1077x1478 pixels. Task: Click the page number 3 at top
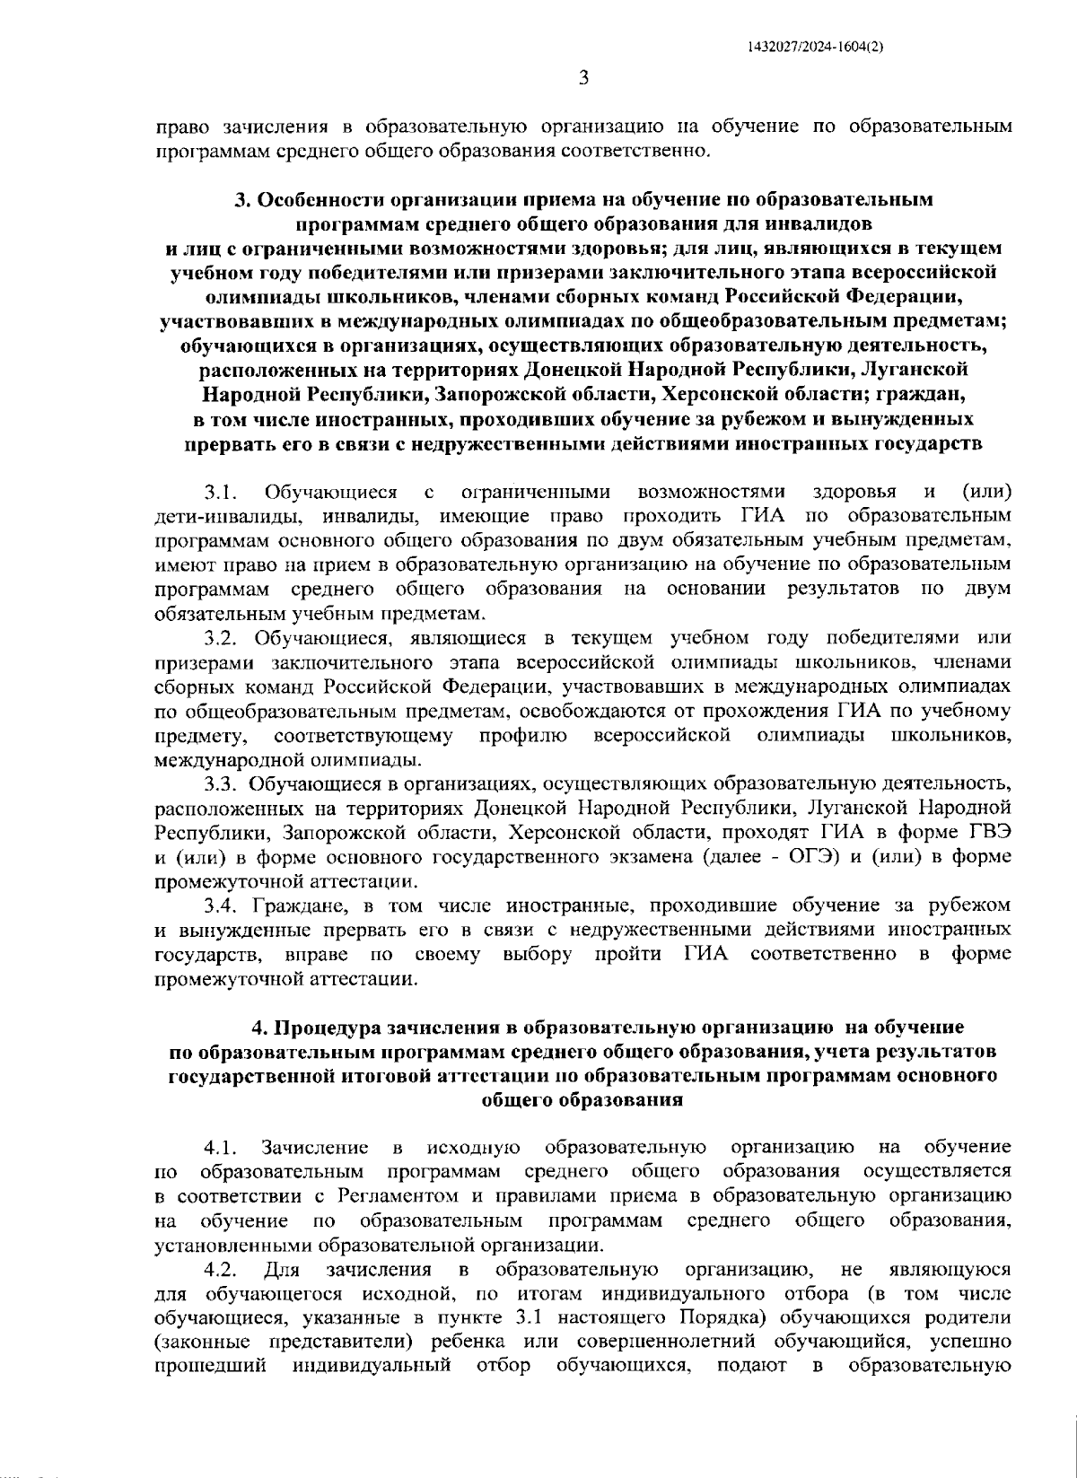pyautogui.click(x=583, y=78)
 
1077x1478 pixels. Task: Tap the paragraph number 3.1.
pyautogui.click(x=220, y=492)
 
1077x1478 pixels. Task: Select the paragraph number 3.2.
pyautogui.click(x=220, y=638)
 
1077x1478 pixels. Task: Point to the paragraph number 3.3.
pyautogui.click(x=220, y=784)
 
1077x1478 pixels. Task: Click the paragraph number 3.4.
pyautogui.click(x=220, y=905)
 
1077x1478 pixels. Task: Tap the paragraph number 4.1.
pyautogui.click(x=220, y=1148)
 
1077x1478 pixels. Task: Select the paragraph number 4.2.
pyautogui.click(x=220, y=1270)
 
